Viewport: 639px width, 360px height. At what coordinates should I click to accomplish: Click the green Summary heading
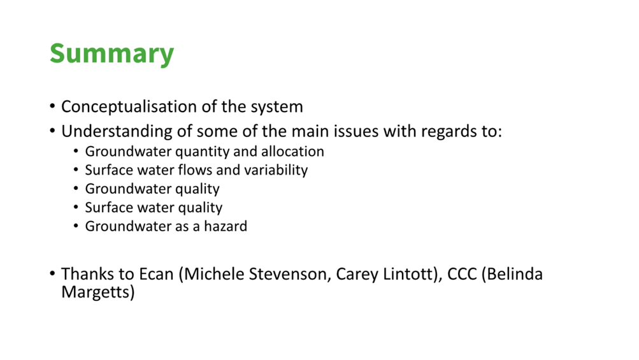click(x=111, y=54)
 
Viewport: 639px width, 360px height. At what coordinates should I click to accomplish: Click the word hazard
click(x=226, y=226)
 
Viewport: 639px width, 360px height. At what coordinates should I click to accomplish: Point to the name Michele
click(x=214, y=275)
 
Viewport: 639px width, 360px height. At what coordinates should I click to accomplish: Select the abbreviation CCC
click(x=462, y=274)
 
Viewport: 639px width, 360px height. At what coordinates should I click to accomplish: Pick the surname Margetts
click(x=98, y=292)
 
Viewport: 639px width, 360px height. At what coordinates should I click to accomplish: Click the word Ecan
click(x=156, y=274)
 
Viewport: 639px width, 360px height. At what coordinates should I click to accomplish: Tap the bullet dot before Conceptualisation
click(x=52, y=106)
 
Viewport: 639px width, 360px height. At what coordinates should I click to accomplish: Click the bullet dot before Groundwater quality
click(x=76, y=189)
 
